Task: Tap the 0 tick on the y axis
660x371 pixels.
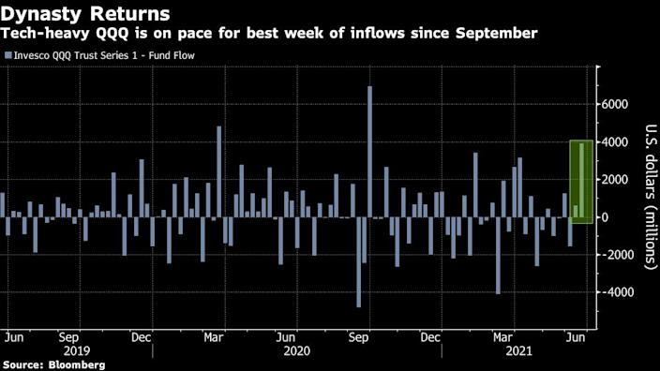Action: tap(606, 217)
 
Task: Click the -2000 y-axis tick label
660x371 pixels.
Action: tap(615, 255)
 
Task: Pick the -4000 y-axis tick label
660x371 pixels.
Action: tap(615, 292)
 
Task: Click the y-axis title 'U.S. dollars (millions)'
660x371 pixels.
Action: tap(649, 197)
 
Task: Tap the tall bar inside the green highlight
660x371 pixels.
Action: tap(582, 180)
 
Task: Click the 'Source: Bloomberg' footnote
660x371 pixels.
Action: tap(52, 364)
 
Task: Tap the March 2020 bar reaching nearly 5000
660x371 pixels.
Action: tap(219, 171)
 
